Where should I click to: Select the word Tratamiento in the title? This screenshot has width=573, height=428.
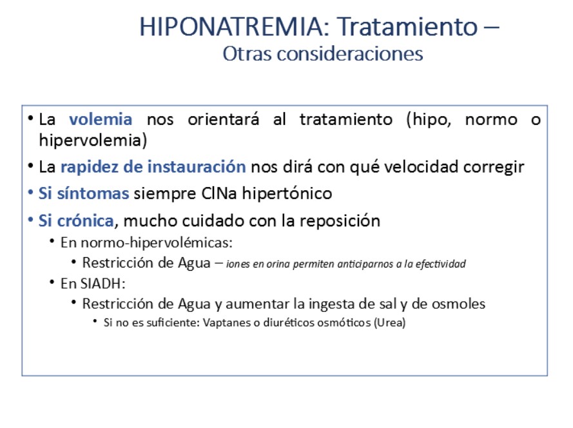407,26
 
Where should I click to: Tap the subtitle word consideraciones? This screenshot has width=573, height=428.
350,53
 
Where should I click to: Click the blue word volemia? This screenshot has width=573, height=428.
101,119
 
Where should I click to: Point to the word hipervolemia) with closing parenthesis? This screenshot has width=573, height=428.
93,141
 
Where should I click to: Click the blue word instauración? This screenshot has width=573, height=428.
197,167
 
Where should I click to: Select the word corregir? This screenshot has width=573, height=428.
494,168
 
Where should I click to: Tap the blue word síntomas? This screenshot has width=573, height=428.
93,193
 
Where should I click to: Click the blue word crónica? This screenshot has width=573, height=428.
86,220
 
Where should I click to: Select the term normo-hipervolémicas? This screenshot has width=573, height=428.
157,243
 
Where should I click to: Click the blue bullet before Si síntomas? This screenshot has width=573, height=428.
31,192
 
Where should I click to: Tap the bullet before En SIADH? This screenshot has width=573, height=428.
53,282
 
